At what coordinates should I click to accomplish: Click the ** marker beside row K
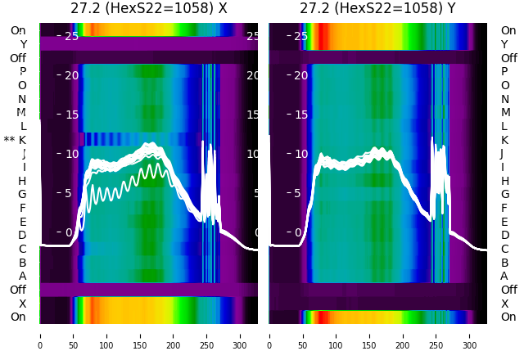click(9, 140)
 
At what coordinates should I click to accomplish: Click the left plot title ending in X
click(148, 9)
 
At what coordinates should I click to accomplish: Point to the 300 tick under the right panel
click(470, 335)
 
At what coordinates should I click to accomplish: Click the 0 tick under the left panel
click(40, 335)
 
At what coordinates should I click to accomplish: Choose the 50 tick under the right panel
click(303, 335)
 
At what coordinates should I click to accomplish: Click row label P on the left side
click(23, 71)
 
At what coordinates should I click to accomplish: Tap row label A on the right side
click(504, 276)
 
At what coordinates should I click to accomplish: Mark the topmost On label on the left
click(18, 30)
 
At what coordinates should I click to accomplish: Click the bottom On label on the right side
click(508, 317)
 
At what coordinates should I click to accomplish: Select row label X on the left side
click(23, 303)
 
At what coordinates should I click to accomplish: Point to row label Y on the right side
click(504, 44)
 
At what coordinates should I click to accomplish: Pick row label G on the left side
click(22, 194)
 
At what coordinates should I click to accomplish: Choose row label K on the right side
click(504, 140)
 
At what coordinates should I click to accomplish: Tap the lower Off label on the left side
click(18, 290)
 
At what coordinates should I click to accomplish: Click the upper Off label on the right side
click(508, 58)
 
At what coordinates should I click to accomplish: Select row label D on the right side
click(504, 235)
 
